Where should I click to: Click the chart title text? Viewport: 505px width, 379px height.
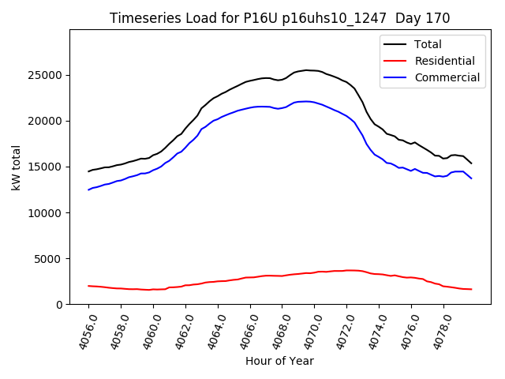point(279,18)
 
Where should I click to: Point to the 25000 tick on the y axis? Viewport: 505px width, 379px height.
point(47,75)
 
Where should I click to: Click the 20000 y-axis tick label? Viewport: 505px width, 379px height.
point(47,121)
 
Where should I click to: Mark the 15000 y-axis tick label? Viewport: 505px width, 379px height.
point(47,167)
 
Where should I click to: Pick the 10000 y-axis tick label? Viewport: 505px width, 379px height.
point(47,212)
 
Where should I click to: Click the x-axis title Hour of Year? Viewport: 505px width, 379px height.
point(279,361)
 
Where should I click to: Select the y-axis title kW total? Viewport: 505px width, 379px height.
point(16,167)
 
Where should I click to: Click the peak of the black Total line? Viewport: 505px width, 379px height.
point(306,70)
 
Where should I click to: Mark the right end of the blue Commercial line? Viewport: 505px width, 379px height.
point(472,178)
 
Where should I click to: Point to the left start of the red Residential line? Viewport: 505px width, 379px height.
point(88,286)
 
